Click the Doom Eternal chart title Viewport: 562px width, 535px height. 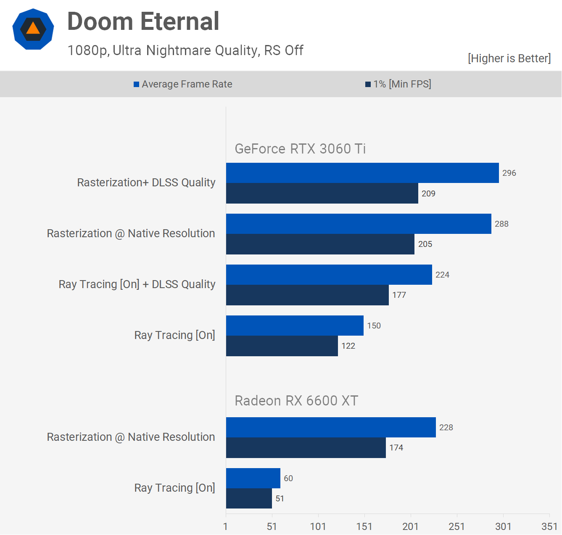point(143,21)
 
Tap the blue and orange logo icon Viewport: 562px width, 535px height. point(33,29)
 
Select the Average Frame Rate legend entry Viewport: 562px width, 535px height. point(183,84)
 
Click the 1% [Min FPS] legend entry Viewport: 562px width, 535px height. point(398,84)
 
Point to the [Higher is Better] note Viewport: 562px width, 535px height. point(509,58)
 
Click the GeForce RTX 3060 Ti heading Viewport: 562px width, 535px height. point(300,148)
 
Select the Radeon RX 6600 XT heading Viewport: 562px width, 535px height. point(296,400)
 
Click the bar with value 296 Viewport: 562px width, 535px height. point(362,173)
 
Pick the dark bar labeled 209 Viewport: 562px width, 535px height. point(322,193)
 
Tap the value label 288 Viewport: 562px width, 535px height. point(501,224)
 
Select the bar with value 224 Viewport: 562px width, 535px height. point(329,275)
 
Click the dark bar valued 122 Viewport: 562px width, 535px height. point(282,346)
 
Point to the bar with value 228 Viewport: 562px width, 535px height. point(331,427)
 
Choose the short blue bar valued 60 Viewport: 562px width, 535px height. point(253,478)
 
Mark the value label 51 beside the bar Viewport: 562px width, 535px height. point(280,498)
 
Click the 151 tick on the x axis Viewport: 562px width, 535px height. point(364,526)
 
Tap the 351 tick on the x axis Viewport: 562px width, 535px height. point(549,526)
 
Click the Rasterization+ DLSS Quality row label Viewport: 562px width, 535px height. point(146,183)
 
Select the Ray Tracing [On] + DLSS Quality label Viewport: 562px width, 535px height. point(137,284)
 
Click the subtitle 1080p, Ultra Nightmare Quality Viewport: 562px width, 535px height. point(185,50)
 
